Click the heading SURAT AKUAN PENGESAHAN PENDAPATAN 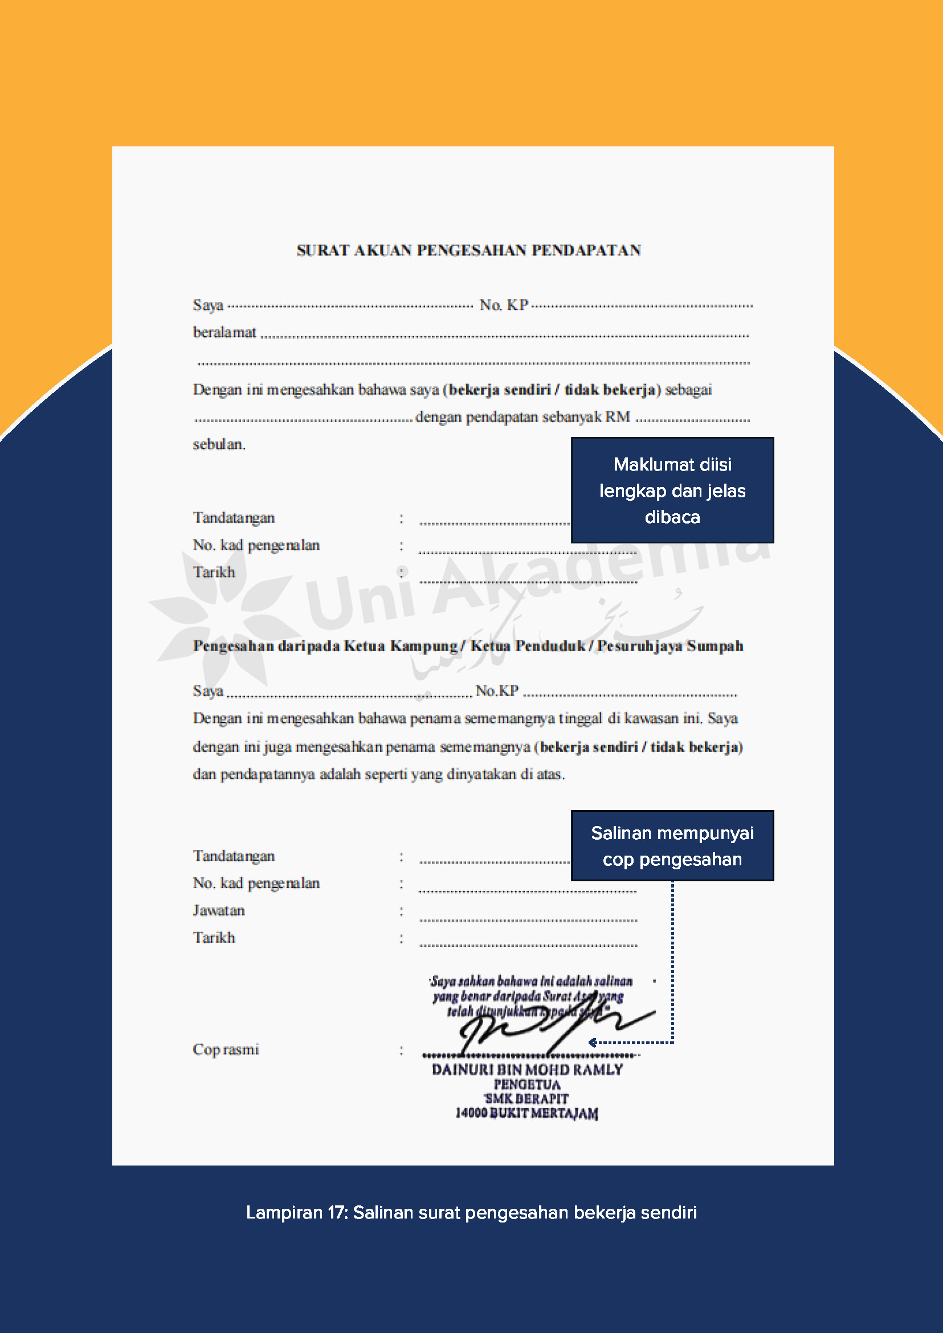pos(468,250)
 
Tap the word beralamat pos(224,333)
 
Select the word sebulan pos(219,444)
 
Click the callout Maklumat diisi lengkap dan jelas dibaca pos(672,490)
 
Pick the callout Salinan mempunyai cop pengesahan pos(672,846)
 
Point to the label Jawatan pos(219,910)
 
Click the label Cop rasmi pos(226,1050)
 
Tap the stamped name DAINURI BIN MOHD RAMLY pos(526,1070)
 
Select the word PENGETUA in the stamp pos(526,1085)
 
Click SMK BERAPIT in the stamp pos(526,1098)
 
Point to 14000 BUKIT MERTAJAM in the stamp pos(526,1113)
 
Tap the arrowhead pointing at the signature pos(593,1042)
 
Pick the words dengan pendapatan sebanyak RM pos(522,417)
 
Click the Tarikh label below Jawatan pos(214,938)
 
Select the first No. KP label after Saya pos(504,305)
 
